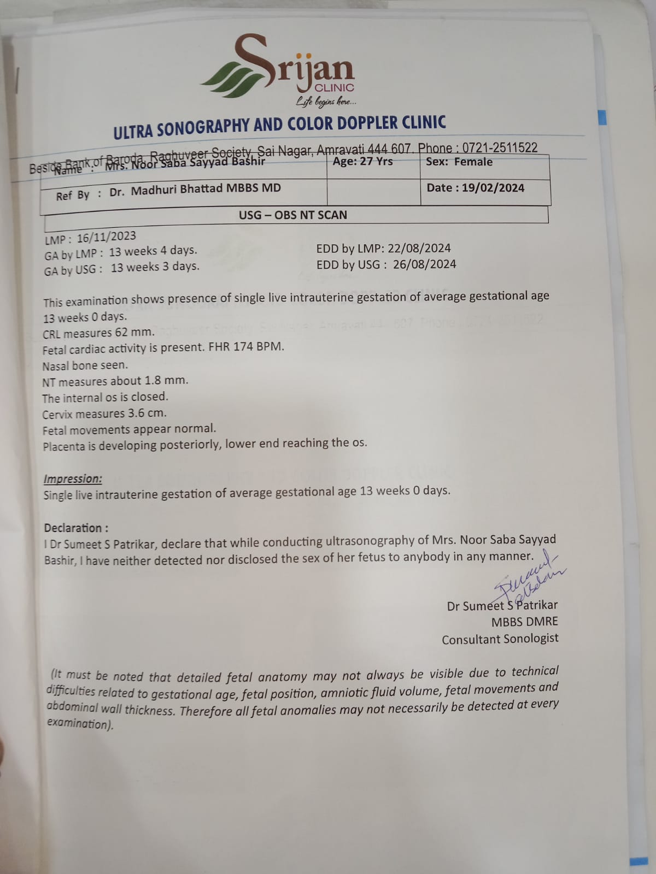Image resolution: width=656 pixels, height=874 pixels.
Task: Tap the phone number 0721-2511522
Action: pos(500,147)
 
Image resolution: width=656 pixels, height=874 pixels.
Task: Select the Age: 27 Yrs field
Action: pos(363,162)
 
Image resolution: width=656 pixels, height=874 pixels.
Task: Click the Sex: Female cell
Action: pos(459,162)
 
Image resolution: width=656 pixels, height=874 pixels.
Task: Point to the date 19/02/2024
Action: pos(493,188)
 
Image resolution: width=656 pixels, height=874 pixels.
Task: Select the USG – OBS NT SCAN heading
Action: pos(292,215)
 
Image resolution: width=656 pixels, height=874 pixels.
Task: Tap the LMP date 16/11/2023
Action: pos(106,237)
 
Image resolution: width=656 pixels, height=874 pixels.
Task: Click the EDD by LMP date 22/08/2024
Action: pos(419,248)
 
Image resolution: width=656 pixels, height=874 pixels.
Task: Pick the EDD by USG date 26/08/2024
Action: pos(424,264)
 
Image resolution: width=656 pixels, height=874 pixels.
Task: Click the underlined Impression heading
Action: pos(73,479)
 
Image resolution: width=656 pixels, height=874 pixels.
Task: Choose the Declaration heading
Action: pos(76,528)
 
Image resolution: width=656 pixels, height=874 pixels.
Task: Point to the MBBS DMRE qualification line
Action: pos(524,622)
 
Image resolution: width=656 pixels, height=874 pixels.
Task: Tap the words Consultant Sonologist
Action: pos(500,639)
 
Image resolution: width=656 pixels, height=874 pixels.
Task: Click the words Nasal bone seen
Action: pos(85,365)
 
